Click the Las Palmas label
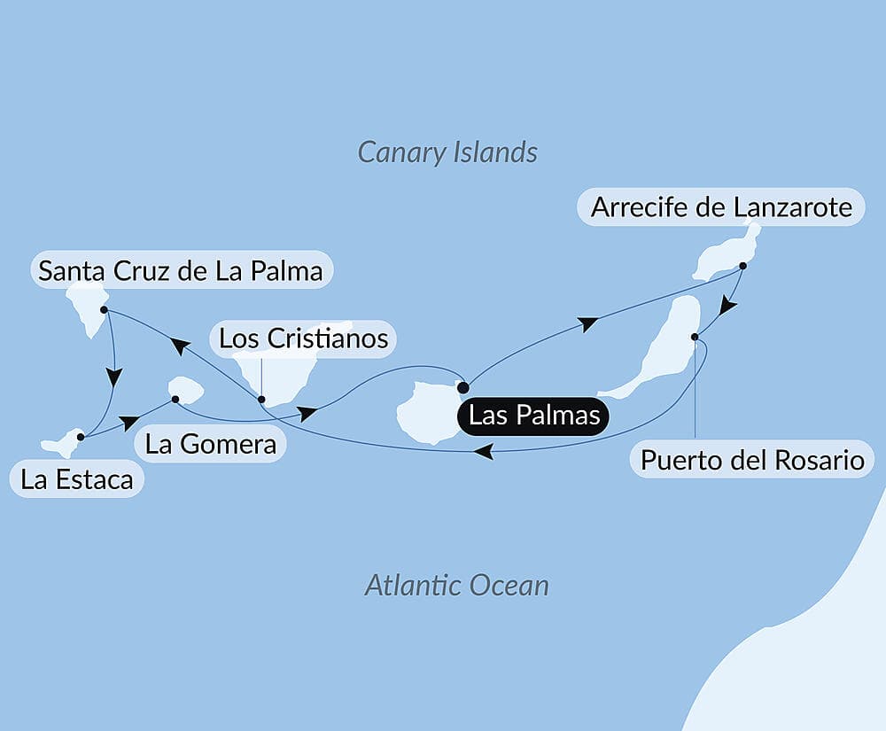(534, 416)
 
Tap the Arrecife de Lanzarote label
(721, 207)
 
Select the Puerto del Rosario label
(752, 461)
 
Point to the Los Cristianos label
(303, 338)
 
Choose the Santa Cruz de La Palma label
(181, 269)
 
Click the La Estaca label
(77, 480)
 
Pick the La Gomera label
(211, 443)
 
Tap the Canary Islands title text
(447, 152)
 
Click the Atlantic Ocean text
(456, 585)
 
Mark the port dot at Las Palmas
(462, 386)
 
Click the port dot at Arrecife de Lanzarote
(742, 265)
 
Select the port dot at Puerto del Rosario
(696, 337)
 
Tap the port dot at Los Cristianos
(261, 399)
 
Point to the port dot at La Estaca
(81, 436)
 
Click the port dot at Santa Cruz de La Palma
(105, 310)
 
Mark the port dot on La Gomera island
(175, 399)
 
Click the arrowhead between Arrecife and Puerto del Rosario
(727, 306)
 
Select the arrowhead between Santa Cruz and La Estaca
(114, 377)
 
